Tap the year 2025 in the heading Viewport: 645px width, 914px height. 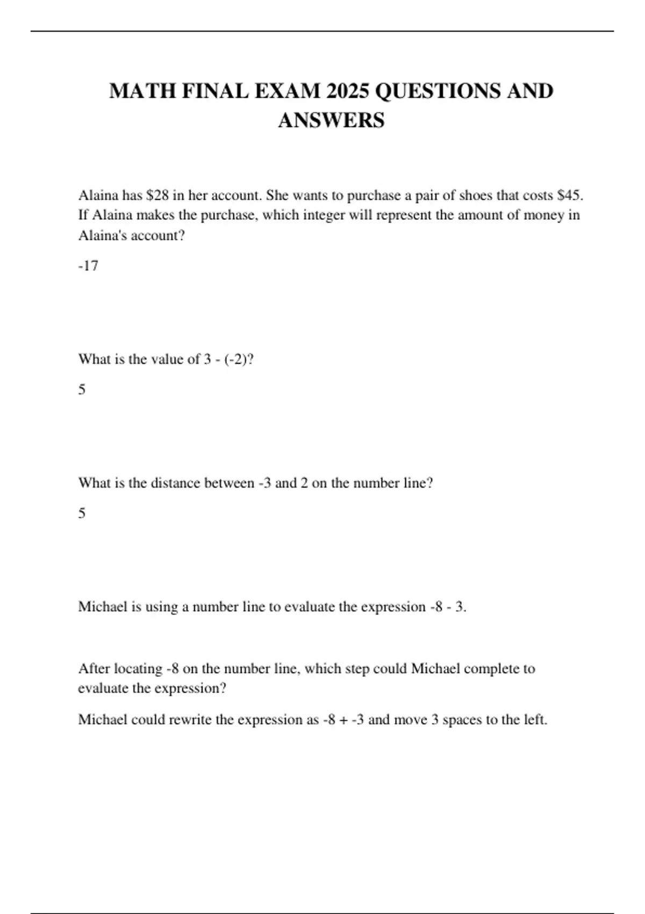(347, 91)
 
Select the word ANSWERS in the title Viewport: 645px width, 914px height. (331, 120)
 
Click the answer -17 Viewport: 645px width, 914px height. (88, 266)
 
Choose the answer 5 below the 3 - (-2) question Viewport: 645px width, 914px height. (82, 389)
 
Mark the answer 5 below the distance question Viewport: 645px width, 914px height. (82, 513)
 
